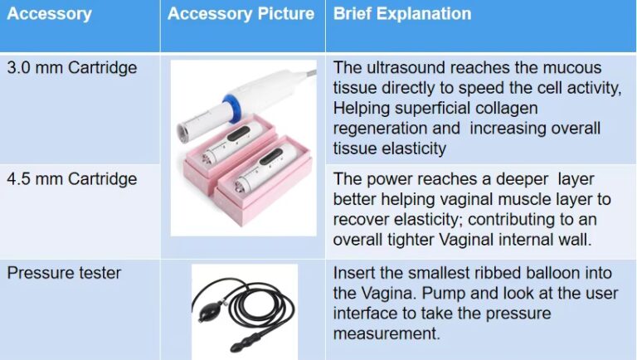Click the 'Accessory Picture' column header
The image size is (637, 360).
241,14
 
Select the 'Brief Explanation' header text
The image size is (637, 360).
402,14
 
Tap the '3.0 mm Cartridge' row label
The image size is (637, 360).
72,67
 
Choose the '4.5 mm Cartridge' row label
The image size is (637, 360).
72,179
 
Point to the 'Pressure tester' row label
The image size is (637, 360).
64,273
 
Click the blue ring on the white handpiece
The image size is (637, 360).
233,108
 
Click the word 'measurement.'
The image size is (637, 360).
387,333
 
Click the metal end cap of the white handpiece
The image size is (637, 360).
183,133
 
